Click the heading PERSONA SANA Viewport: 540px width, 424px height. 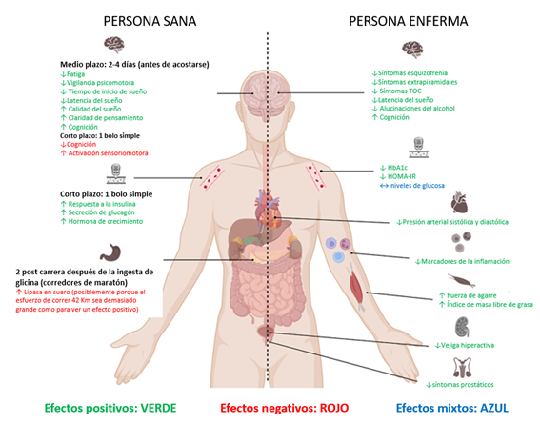[150, 21]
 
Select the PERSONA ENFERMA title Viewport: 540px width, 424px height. [409, 21]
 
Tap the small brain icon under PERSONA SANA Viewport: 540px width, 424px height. [114, 45]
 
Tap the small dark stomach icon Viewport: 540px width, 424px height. [110, 252]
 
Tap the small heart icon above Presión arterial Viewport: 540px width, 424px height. [460, 202]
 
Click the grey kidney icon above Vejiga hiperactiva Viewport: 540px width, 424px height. [462, 328]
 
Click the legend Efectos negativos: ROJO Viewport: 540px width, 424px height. [285, 408]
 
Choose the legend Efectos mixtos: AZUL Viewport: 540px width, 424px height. [452, 408]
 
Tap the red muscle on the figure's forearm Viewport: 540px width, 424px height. [356, 286]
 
